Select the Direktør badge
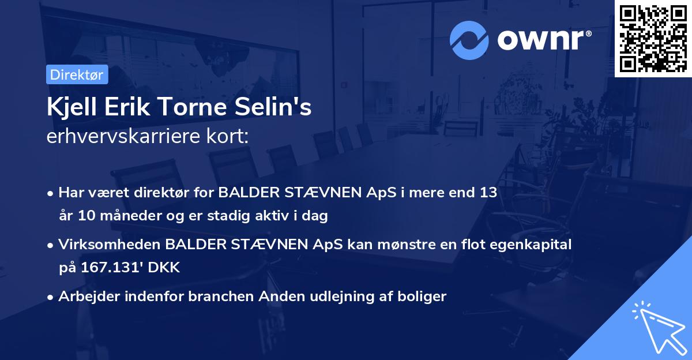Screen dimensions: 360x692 coord(77,74)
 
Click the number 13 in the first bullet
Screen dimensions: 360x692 coord(487,192)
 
